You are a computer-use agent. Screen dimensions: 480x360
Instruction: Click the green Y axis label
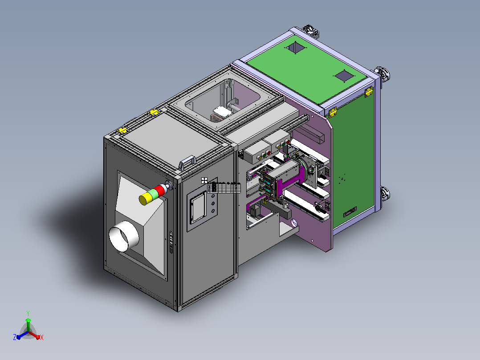(x=28, y=313)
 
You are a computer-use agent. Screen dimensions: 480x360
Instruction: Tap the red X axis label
(x=42, y=337)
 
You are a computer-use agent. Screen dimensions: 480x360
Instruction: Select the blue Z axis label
(x=14, y=337)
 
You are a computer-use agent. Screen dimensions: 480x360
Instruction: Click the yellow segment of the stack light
(x=144, y=199)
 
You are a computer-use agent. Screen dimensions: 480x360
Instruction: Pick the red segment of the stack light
(x=160, y=190)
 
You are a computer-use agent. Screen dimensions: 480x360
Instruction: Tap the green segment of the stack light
(x=152, y=195)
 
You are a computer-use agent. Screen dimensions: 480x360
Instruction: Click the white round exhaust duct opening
(x=124, y=236)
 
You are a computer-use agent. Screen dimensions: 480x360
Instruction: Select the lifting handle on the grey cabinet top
(x=187, y=162)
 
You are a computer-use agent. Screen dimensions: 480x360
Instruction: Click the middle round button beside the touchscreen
(x=213, y=203)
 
